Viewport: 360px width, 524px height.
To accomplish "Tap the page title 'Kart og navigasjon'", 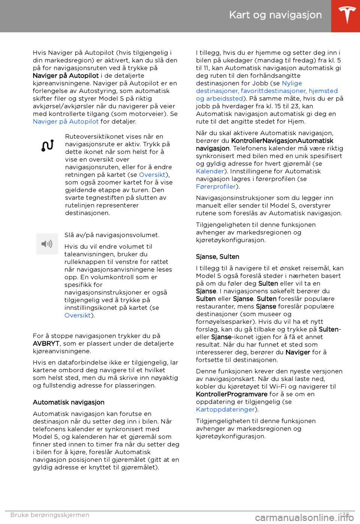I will [275, 15].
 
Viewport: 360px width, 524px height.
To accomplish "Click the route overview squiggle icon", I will [48, 146].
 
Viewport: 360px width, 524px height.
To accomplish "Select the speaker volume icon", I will [47, 244].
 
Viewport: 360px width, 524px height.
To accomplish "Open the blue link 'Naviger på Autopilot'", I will [66, 122].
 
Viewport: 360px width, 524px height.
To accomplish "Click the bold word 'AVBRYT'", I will [46, 343].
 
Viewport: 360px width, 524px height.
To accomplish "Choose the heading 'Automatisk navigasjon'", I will [69, 402].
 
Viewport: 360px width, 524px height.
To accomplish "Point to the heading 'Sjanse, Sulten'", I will [217, 257].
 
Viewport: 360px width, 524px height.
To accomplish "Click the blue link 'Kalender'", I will [210, 172].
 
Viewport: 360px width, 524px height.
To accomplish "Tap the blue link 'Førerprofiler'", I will [216, 187].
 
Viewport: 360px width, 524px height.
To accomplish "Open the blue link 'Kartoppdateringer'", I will [225, 410].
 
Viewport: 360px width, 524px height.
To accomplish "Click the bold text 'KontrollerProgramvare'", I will [231, 395].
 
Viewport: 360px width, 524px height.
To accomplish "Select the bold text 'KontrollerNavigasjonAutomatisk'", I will [282, 141].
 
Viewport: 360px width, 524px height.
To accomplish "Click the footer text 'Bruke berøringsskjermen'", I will [50, 515].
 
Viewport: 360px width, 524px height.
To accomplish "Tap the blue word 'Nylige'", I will [292, 83].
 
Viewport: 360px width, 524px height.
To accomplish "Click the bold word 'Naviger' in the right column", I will [297, 352].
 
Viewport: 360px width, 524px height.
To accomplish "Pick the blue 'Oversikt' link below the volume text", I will [78, 315].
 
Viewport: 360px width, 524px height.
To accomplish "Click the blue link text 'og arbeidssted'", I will [219, 99].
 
